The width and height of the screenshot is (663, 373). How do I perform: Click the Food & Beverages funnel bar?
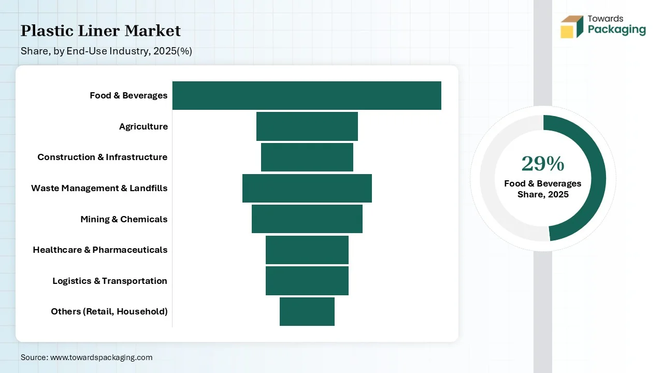point(307,96)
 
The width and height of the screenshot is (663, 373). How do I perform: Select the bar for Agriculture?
point(307,126)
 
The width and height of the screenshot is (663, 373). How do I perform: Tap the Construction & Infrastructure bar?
point(307,157)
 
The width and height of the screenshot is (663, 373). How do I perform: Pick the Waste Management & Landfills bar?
point(307,188)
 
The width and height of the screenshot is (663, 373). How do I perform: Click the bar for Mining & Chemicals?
point(307,219)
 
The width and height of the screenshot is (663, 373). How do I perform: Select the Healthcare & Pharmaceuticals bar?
point(307,250)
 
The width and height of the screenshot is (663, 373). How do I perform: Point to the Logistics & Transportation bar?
point(307,281)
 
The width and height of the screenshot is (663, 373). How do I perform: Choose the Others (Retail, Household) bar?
point(307,311)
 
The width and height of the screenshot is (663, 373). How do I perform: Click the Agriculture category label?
point(143,127)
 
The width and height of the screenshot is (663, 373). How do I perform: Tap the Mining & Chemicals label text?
point(124,219)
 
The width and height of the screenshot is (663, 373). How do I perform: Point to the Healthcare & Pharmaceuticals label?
point(100,250)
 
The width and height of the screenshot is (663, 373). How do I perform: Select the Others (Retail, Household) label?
point(109,311)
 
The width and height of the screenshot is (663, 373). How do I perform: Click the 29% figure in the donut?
point(543,164)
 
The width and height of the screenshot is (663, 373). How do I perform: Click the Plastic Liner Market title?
point(100,31)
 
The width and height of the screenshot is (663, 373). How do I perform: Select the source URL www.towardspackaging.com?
point(101,357)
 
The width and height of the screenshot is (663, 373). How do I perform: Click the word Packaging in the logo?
point(616,30)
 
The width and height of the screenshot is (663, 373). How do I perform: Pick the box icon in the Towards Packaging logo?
point(572,26)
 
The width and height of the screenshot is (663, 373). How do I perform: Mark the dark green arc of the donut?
point(598,178)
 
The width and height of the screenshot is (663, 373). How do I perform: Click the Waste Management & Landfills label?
point(99,188)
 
